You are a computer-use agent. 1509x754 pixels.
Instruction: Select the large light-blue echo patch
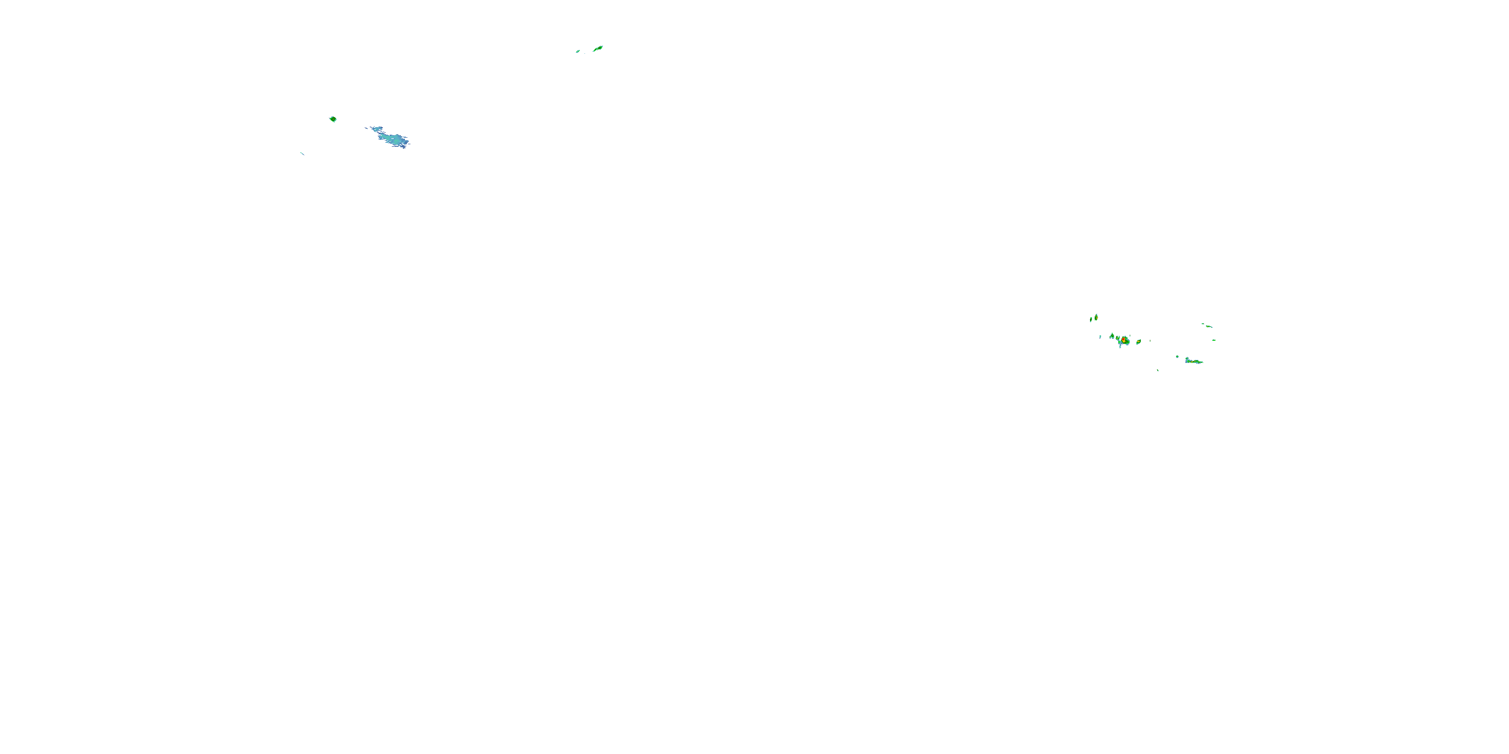point(392,139)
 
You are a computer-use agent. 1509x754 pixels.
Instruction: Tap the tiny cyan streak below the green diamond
point(302,154)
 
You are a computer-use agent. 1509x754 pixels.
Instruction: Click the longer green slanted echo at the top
point(598,49)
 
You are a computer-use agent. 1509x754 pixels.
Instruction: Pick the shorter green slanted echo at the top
point(577,51)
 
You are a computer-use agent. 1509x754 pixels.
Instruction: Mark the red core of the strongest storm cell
point(1124,339)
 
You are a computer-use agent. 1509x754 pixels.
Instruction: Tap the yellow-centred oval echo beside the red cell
point(1139,342)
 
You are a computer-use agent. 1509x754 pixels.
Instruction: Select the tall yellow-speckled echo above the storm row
point(1097,318)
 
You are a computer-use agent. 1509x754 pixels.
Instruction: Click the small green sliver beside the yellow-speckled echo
point(1092,320)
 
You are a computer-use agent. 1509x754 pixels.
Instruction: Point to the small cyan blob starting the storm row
point(1101,337)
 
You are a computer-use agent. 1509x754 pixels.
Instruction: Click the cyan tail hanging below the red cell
point(1121,346)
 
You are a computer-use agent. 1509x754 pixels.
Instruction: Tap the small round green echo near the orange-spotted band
point(1178,356)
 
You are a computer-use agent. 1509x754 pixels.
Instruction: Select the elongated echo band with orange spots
point(1193,362)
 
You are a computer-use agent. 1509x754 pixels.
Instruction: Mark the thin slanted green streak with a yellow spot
point(1209,327)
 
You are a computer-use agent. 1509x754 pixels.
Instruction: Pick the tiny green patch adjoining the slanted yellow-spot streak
point(1203,324)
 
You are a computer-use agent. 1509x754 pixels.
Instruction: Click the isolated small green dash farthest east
point(1214,340)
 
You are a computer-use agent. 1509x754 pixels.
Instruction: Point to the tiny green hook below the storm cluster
point(1158,370)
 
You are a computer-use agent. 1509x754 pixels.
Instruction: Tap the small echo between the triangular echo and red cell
point(1118,338)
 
